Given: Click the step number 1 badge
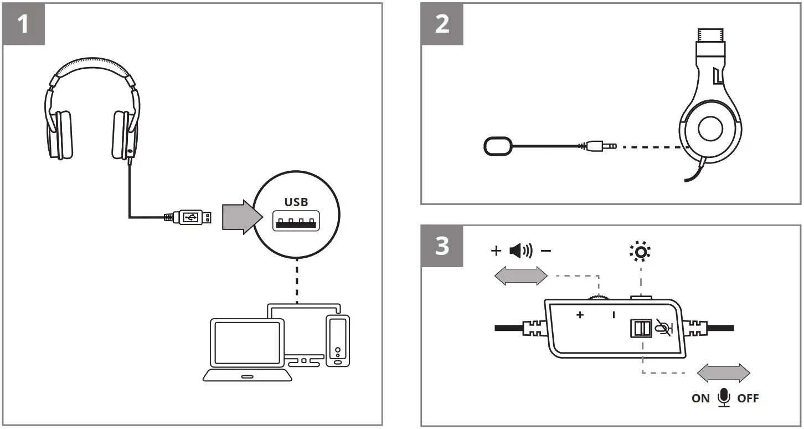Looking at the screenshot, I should (23, 24).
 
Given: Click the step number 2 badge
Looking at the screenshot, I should (442, 24).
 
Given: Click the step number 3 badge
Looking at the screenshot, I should (442, 246).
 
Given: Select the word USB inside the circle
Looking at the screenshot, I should (296, 202).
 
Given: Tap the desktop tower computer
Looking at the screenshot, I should (338, 340).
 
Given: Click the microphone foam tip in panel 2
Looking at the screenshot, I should (498, 146).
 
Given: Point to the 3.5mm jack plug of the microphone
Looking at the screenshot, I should (601, 147).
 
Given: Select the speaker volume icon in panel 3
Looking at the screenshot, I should (520, 251).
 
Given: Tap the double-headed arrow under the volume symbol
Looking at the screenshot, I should (520, 275).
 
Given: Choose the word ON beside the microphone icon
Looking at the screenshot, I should (700, 399).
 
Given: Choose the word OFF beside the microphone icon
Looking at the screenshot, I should (748, 399).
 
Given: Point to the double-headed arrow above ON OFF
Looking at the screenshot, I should (723, 372).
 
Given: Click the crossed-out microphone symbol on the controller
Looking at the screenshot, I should (661, 328).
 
